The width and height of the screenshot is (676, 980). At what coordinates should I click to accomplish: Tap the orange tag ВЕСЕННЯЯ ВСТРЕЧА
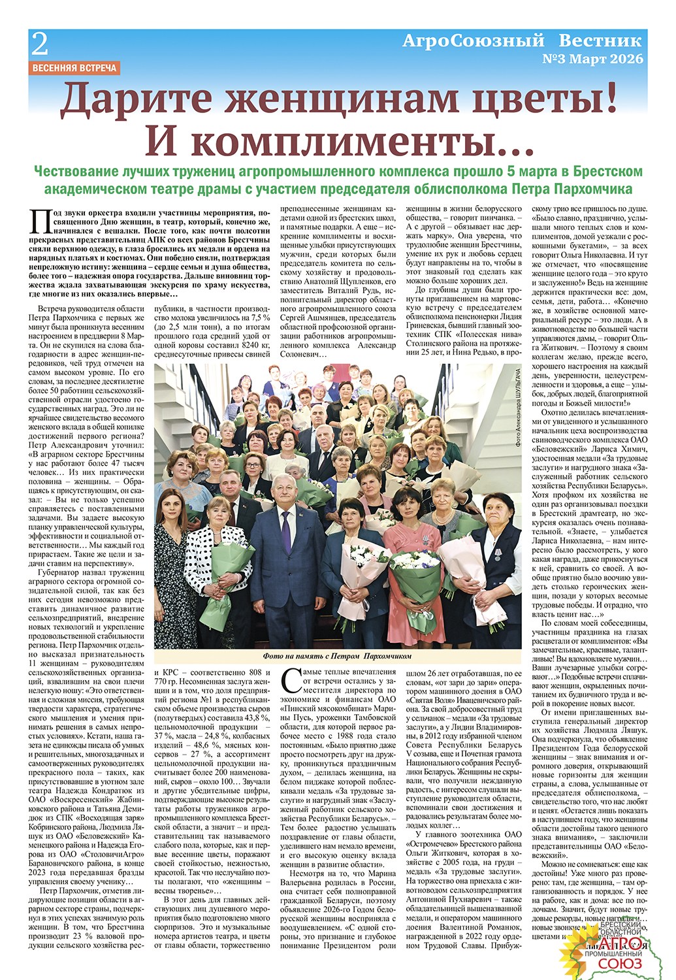(x=74, y=67)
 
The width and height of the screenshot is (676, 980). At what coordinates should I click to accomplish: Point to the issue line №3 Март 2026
(x=593, y=59)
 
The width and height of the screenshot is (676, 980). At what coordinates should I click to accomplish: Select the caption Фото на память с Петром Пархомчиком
(x=337, y=655)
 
